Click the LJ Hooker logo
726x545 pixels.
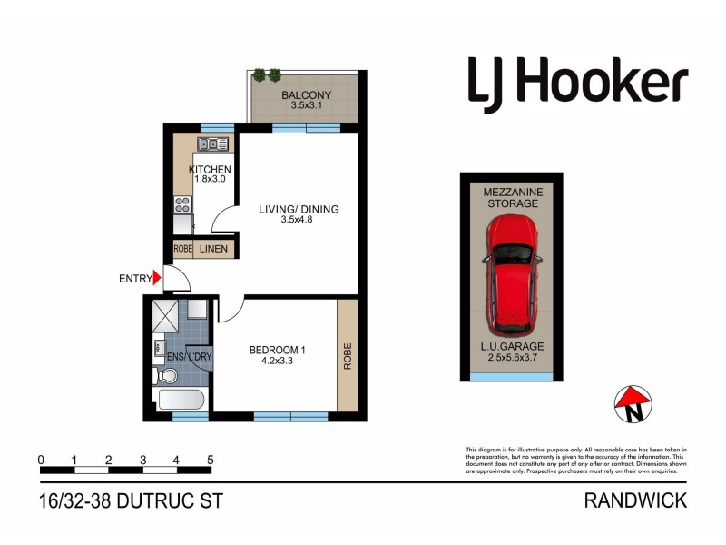577,84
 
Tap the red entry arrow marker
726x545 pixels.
157,279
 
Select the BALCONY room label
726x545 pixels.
306,95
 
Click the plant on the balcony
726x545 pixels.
269,76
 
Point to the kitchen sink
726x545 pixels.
212,144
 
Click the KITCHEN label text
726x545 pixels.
210,170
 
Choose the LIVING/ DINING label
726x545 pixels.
299,210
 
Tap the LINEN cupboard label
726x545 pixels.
214,249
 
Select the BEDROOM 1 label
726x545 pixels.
277,350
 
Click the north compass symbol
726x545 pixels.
633,405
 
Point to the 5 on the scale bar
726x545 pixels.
211,460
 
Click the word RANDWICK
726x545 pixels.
635,500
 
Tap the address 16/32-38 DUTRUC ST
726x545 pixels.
131,500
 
